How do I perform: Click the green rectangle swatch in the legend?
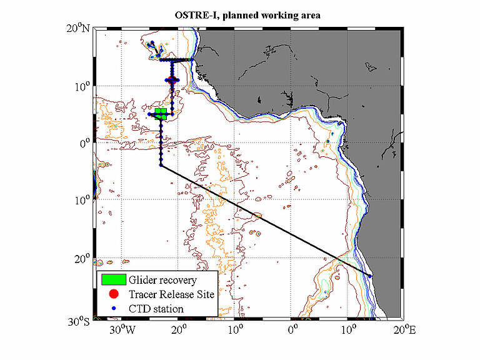[113, 279]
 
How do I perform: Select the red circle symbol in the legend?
[113, 294]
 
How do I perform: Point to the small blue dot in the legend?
[113, 308]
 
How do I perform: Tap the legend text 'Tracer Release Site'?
[171, 294]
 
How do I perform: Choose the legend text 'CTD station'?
[156, 308]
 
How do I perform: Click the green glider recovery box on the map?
[161, 113]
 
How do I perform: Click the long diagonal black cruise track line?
[262, 219]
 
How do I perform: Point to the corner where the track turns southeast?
[161, 166]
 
